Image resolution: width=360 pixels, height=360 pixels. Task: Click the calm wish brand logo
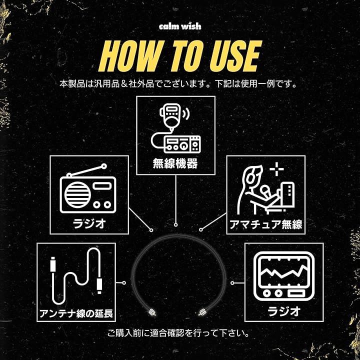pyautogui.click(x=180, y=26)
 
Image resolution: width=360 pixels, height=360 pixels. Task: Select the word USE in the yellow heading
pyautogui.click(x=236, y=56)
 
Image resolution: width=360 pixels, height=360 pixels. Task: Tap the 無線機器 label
pyautogui.click(x=175, y=163)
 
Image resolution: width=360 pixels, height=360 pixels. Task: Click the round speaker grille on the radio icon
pyautogui.click(x=77, y=194)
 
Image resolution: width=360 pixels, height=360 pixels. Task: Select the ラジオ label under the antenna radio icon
pyautogui.click(x=89, y=223)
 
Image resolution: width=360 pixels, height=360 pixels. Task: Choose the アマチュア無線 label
pyautogui.click(x=265, y=224)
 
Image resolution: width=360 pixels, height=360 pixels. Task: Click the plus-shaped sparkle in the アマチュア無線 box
pyautogui.click(x=276, y=169)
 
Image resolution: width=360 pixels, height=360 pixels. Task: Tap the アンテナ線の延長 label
pyautogui.click(x=76, y=313)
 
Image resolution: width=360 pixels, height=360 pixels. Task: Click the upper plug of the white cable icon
pyautogui.click(x=53, y=264)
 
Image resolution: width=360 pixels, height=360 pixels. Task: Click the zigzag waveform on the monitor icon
pyautogui.click(x=284, y=272)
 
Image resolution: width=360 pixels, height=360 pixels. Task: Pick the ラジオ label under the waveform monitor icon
pyautogui.click(x=284, y=311)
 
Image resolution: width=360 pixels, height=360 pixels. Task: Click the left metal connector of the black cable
pyautogui.click(x=152, y=312)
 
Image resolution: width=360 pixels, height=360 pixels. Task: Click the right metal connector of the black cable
pyautogui.click(x=202, y=312)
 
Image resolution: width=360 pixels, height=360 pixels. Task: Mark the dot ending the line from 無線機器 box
pyautogui.click(x=175, y=225)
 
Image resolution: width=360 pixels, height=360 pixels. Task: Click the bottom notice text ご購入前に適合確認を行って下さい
pyautogui.click(x=178, y=333)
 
